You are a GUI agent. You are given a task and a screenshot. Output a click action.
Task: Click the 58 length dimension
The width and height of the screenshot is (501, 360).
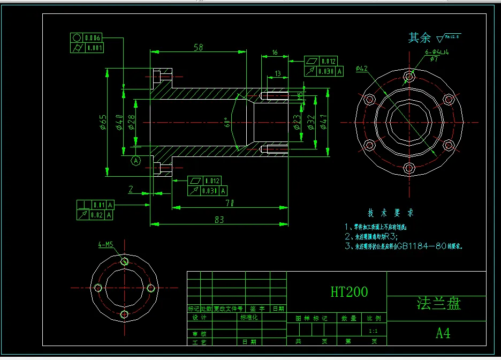(x=198, y=48)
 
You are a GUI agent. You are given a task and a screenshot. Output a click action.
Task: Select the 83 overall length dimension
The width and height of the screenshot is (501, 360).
(x=219, y=219)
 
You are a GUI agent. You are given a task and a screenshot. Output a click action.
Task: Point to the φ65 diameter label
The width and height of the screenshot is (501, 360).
(x=102, y=122)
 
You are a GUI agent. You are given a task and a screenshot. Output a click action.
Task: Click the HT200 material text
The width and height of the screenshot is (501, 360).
(x=349, y=292)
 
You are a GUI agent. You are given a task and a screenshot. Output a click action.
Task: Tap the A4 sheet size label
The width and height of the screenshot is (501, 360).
(x=443, y=333)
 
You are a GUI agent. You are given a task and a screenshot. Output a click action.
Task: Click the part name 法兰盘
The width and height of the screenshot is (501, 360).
(x=438, y=304)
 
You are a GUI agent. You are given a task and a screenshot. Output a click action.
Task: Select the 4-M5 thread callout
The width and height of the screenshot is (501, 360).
(x=105, y=245)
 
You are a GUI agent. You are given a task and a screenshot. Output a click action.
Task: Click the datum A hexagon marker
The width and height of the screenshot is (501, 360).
(x=136, y=160)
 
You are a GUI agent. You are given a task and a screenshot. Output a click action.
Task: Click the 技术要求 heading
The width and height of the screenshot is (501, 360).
(x=390, y=213)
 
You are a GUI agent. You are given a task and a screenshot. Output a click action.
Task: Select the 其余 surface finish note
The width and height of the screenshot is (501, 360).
(x=419, y=37)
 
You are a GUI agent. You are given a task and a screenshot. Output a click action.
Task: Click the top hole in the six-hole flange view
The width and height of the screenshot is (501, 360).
(x=410, y=77)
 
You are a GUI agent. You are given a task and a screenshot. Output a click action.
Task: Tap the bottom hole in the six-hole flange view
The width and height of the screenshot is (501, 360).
(x=409, y=168)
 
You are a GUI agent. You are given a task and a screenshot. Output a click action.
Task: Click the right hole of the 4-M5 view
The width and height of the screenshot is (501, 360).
(x=151, y=288)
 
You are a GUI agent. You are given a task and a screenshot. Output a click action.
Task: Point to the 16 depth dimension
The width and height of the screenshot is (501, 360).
(x=275, y=52)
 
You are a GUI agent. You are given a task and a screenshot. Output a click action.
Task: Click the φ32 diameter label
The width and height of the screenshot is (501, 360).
(x=311, y=122)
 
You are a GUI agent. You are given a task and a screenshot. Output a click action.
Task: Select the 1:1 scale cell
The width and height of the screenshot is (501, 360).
(x=373, y=332)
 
